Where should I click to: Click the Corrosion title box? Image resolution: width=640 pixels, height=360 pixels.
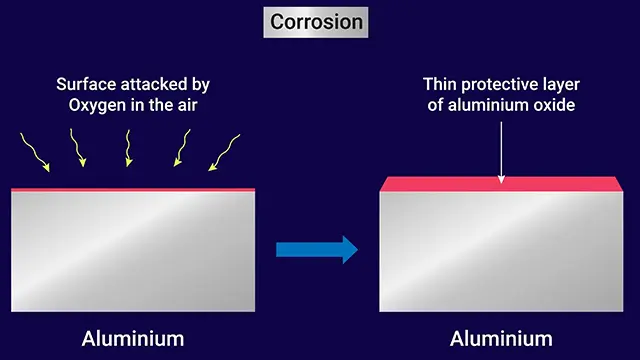tap(316, 22)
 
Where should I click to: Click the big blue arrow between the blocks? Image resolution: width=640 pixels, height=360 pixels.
tap(317, 249)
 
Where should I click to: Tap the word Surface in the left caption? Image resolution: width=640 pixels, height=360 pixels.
tap(86, 84)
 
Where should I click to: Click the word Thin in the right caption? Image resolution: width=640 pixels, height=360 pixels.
tap(440, 84)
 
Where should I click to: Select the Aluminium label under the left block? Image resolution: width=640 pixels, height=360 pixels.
tap(133, 339)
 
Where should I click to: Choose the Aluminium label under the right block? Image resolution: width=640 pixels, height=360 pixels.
tap(501, 339)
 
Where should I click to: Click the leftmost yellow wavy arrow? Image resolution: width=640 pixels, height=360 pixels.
tap(36, 153)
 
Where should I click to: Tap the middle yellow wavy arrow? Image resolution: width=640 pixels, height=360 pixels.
tap(128, 148)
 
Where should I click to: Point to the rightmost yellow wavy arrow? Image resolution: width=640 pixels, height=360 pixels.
tap(224, 153)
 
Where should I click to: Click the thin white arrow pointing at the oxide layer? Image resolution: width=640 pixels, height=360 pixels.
tap(501, 153)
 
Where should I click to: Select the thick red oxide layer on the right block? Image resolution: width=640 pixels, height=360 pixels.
tap(501, 184)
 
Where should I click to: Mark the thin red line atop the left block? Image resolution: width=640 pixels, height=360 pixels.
tap(133, 190)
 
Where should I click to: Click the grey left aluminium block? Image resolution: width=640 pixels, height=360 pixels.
tap(133, 252)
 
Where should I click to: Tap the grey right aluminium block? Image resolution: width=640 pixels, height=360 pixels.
tap(501, 252)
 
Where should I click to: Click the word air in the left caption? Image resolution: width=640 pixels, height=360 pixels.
tap(187, 105)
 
